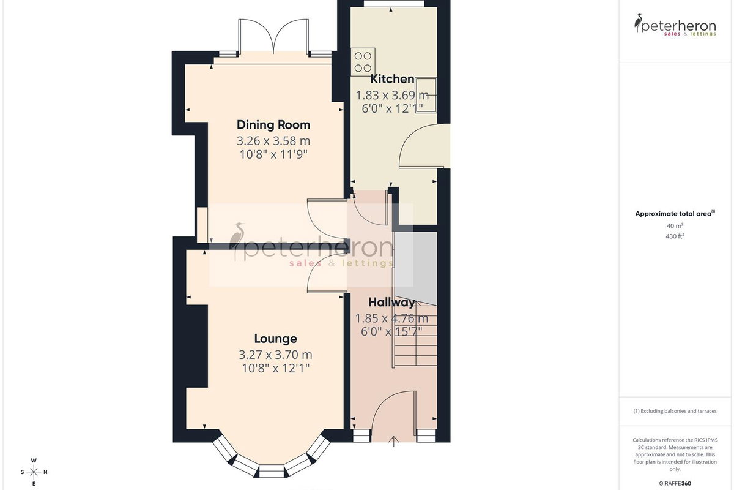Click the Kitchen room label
[x=392, y=79]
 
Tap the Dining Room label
[x=273, y=125]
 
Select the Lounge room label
[x=276, y=339]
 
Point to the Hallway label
[x=391, y=303]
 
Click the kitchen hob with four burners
[x=363, y=62]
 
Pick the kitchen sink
[x=426, y=95]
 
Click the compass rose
[x=34, y=472]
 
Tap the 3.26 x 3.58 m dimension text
[x=273, y=141]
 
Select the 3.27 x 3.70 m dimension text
[x=275, y=355]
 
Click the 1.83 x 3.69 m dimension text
[x=392, y=96]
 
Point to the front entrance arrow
[x=393, y=441]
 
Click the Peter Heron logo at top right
[x=675, y=25]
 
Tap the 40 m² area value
[x=675, y=226]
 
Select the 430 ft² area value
[x=675, y=236]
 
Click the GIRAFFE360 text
[x=675, y=483]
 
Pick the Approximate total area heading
[x=675, y=214]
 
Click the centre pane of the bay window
[x=272, y=470]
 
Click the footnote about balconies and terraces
[x=675, y=411]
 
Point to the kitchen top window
[x=393, y=3]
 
